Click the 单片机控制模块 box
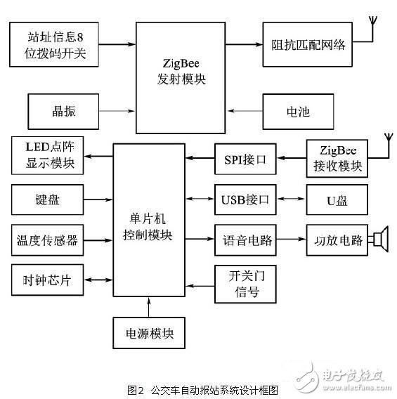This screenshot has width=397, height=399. [148, 225]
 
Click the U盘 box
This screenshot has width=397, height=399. [335, 200]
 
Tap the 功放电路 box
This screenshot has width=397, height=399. [335, 240]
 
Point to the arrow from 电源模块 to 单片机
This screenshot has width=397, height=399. [148, 307]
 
